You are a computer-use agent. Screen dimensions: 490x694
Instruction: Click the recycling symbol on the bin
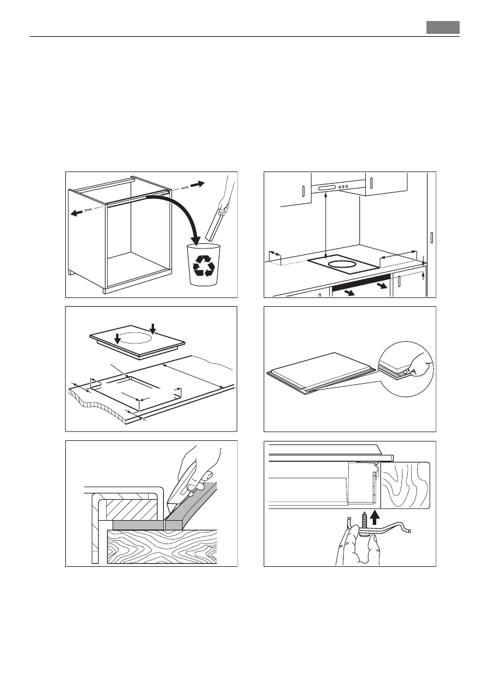coord(205,265)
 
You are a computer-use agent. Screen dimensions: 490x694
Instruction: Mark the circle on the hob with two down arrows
coord(135,337)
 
